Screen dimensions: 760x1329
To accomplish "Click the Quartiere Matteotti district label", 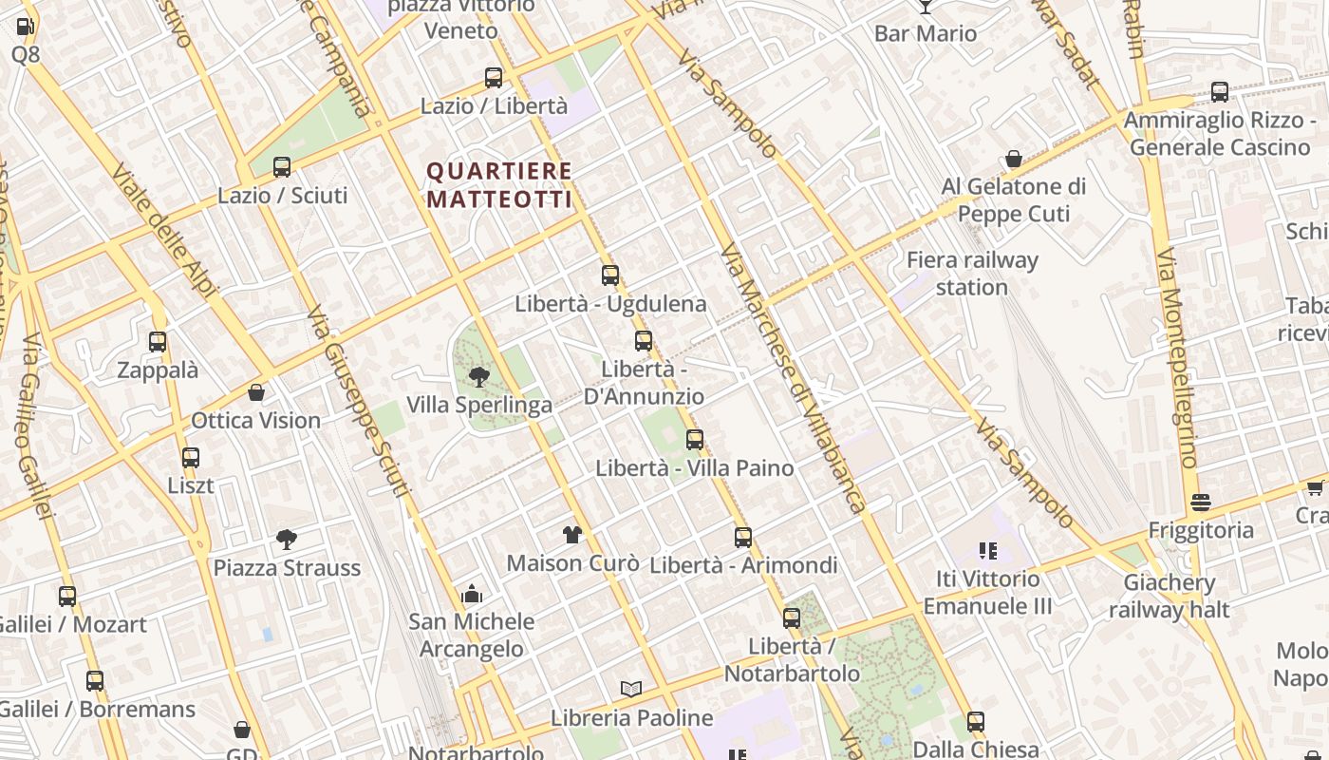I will click(x=499, y=185).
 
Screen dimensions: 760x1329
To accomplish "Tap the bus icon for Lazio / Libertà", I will click(x=494, y=78).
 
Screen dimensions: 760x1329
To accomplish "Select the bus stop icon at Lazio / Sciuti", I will click(x=282, y=167).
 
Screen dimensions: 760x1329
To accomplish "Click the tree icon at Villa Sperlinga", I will click(x=479, y=377).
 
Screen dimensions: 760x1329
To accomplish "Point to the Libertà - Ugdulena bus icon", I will click(x=610, y=275).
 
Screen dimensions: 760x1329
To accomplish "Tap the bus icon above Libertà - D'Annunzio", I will click(x=644, y=341).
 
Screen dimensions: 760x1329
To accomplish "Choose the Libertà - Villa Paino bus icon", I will click(x=695, y=440).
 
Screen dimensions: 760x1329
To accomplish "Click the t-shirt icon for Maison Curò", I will click(x=571, y=535).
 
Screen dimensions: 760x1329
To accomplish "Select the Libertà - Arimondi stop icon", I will click(x=743, y=538).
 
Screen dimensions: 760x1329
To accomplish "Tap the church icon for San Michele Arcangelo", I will click(x=472, y=595).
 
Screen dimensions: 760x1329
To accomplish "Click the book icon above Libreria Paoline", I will click(x=631, y=690).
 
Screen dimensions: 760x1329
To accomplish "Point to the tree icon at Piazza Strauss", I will click(x=287, y=540).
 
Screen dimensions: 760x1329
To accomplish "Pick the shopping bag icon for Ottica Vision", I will click(x=256, y=392).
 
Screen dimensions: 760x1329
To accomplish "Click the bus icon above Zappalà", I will click(x=158, y=342).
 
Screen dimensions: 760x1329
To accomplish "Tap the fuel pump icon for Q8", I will click(x=26, y=27).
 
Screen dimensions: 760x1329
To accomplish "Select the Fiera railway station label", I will click(x=972, y=274).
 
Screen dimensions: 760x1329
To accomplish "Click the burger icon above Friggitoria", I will click(x=1201, y=503).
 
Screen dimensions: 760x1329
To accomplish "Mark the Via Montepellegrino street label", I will click(x=1177, y=359).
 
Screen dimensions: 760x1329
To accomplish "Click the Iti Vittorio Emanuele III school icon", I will click(x=987, y=551).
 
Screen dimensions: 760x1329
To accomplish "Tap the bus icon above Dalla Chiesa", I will click(x=976, y=722).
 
